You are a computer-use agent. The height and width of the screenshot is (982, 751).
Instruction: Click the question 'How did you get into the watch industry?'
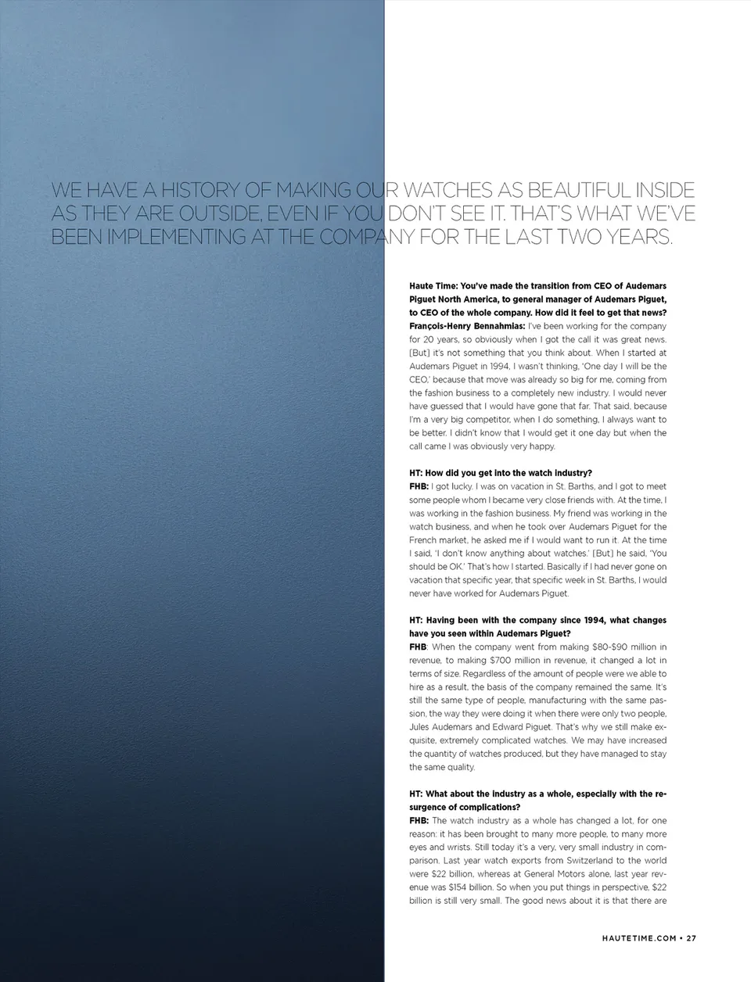[501, 473]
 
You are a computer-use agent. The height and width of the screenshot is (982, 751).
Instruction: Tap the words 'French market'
[437, 539]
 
